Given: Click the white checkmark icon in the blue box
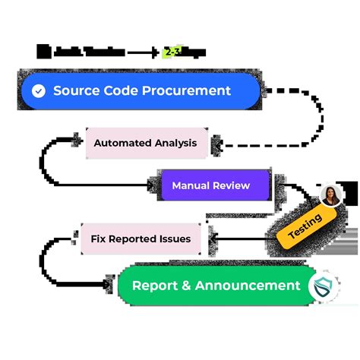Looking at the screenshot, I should pyautogui.click(x=39, y=91).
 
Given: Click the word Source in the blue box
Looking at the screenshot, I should pyautogui.click(x=76, y=91).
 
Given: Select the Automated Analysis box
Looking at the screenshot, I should pyautogui.click(x=145, y=143).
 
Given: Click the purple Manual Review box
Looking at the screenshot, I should pyautogui.click(x=210, y=185).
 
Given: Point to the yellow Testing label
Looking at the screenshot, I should pyautogui.click(x=305, y=226).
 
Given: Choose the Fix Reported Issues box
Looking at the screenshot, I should pyautogui.click(x=141, y=238).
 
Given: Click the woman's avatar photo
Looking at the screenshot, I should pyautogui.click(x=330, y=195).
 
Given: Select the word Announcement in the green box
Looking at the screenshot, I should pyautogui.click(x=248, y=286).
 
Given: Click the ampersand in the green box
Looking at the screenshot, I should pyautogui.click(x=186, y=286).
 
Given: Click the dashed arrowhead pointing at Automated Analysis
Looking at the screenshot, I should pyautogui.click(x=216, y=143).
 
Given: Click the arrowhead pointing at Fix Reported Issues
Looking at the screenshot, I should pyautogui.click(x=210, y=238).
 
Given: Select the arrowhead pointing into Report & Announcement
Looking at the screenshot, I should pyautogui.click(x=112, y=285).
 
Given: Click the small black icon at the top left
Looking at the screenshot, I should pyautogui.click(x=44, y=52).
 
